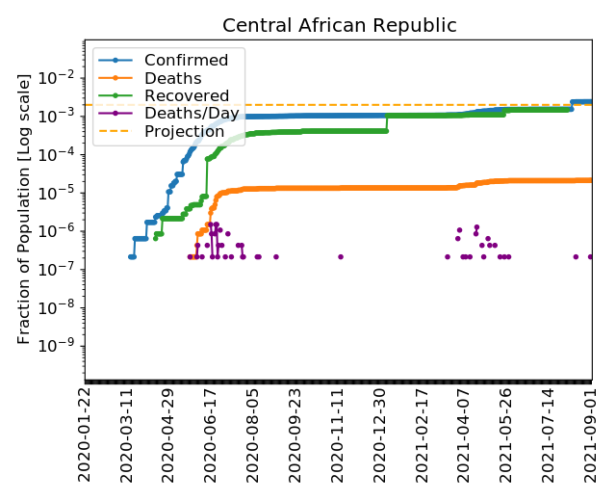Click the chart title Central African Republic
(x=339, y=26)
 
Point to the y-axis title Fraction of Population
(x=26, y=207)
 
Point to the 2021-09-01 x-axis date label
(x=593, y=434)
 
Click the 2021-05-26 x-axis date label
(x=508, y=434)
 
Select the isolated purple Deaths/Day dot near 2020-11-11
(x=341, y=256)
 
